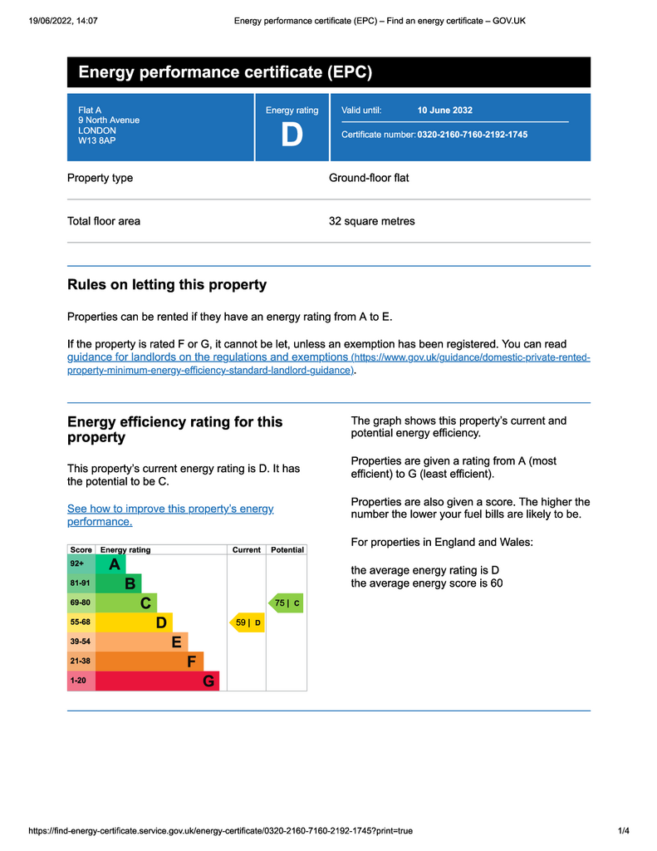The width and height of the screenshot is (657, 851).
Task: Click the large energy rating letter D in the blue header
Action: click(292, 135)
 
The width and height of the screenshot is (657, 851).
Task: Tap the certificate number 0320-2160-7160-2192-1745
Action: click(472, 135)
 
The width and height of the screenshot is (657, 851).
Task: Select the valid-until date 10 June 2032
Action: click(444, 110)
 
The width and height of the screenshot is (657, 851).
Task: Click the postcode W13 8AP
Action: click(97, 141)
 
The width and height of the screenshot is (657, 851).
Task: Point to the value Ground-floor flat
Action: click(369, 178)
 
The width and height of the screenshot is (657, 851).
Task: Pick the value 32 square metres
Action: click(371, 221)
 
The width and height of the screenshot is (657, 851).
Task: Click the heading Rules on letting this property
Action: click(167, 285)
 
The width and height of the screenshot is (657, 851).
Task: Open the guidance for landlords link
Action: click(208, 357)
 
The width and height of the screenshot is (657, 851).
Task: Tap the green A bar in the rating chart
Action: click(110, 564)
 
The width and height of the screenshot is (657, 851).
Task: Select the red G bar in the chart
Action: click(158, 681)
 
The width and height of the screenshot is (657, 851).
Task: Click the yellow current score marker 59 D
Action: click(247, 622)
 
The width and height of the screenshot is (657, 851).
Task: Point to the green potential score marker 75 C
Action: click(287, 603)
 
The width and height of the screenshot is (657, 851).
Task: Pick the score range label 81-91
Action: click(81, 583)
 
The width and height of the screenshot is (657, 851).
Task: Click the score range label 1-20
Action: click(78, 681)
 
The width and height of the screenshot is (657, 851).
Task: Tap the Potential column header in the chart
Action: click(287, 550)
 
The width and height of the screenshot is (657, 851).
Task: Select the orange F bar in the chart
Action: click(150, 662)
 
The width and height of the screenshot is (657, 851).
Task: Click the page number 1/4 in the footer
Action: click(624, 830)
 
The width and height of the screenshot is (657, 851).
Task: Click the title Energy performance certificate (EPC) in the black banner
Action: click(225, 72)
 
